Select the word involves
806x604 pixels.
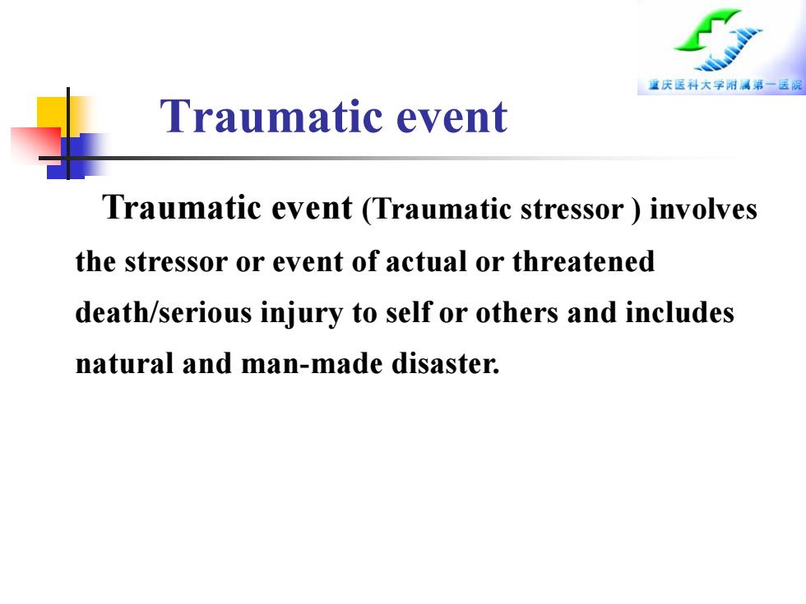pyautogui.click(x=703, y=209)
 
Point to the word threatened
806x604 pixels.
pyautogui.click(x=583, y=261)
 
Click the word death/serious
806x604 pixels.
pyautogui.click(x=164, y=312)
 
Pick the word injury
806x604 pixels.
pyautogui.click(x=301, y=314)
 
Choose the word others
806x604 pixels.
pyautogui.click(x=516, y=312)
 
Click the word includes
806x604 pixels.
pyautogui.click(x=679, y=312)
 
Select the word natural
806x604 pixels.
pyautogui.click(x=124, y=363)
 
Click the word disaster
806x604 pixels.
pyautogui.click(x=445, y=363)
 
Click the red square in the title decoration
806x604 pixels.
pyautogui.click(x=36, y=145)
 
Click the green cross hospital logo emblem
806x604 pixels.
pyautogui.click(x=718, y=39)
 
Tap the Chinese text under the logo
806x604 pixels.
pyautogui.click(x=725, y=85)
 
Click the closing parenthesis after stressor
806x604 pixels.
pyautogui.click(x=637, y=210)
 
